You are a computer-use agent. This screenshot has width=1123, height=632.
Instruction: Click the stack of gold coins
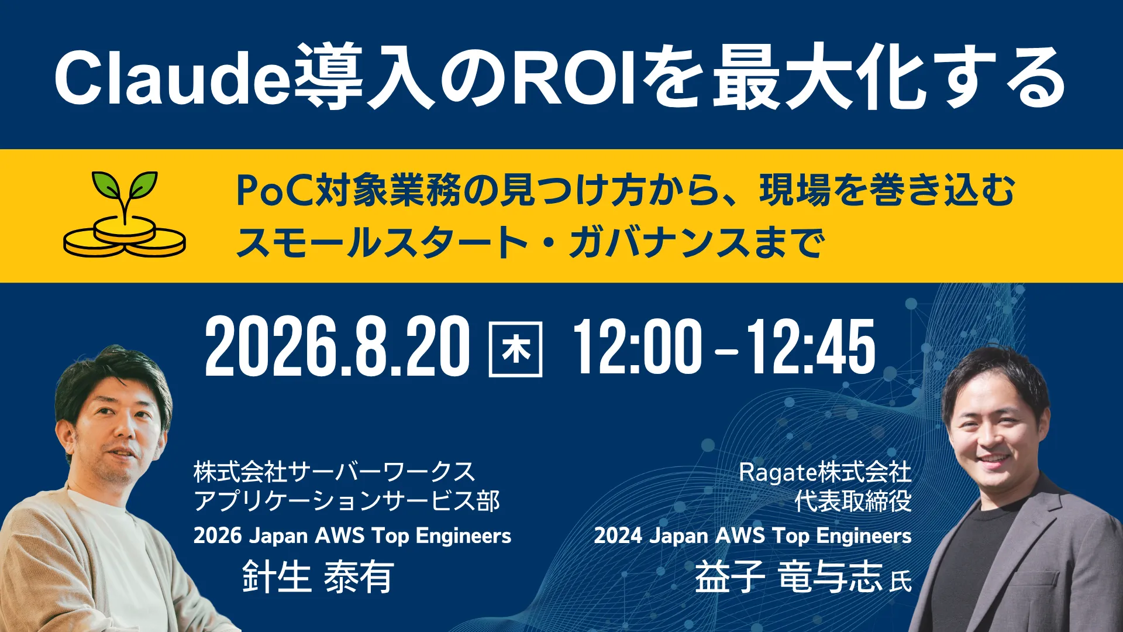[125, 236]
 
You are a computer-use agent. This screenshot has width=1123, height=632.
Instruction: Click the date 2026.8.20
[337, 347]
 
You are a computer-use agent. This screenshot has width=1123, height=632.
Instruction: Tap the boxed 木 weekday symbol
[516, 349]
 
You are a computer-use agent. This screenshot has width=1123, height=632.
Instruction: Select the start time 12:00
[637, 347]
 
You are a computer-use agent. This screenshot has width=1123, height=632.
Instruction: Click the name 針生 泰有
[318, 576]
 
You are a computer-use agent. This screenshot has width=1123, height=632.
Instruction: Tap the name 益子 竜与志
[788, 576]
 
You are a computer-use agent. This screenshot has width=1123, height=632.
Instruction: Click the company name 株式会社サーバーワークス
[335, 472]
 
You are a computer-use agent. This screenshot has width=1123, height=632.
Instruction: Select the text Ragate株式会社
[825, 472]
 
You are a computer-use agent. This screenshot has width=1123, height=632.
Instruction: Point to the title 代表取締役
[853, 501]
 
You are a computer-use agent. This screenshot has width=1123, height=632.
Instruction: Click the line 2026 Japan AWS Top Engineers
[352, 536]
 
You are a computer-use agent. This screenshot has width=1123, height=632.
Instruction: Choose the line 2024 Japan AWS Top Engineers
[753, 536]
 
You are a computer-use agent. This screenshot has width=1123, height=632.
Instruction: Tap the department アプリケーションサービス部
[347, 501]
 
